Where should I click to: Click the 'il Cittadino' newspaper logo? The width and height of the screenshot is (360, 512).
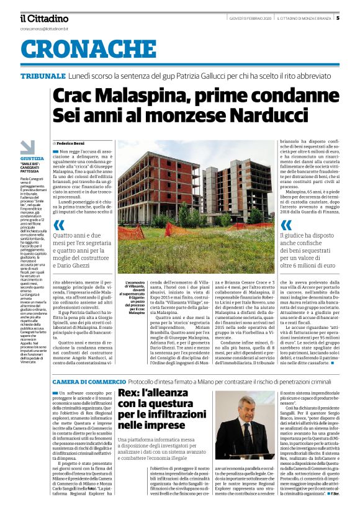tap(44, 18)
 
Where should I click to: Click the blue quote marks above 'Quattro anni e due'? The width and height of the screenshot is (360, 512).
tap(59, 225)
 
